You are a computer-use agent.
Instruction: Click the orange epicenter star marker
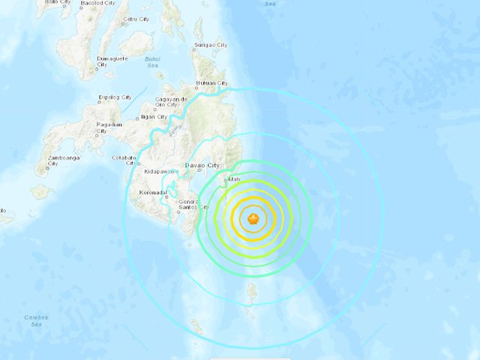(253, 219)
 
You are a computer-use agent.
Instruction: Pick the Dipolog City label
(116, 97)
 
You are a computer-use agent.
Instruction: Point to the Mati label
(233, 179)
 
